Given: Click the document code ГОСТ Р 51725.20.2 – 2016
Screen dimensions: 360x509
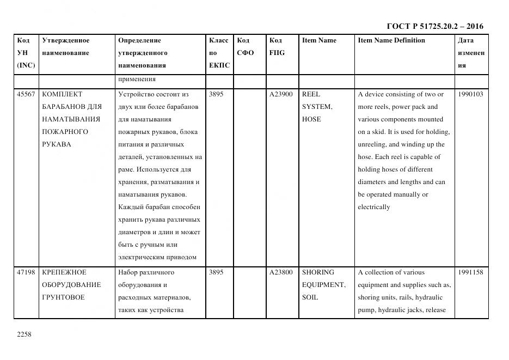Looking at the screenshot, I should (x=434, y=26).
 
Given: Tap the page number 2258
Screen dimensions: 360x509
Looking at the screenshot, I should (x=24, y=334).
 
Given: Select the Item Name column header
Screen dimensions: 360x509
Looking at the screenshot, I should (x=319, y=40).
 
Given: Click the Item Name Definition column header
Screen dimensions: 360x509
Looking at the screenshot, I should (x=391, y=40).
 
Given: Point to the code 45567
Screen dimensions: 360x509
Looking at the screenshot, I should (x=26, y=94).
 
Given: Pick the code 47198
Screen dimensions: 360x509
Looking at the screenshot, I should (x=26, y=272).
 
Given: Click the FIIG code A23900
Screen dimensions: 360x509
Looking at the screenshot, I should (x=281, y=94).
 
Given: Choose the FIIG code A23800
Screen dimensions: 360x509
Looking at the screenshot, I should (x=281, y=272).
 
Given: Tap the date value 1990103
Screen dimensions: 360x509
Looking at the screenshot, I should (x=470, y=94).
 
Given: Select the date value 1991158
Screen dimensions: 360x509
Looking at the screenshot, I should (x=470, y=272).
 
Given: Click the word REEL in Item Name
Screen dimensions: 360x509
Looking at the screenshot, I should (x=311, y=94).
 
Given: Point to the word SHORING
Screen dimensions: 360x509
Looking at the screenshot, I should (x=318, y=272).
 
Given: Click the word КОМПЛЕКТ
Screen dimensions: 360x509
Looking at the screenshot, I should (x=62, y=94).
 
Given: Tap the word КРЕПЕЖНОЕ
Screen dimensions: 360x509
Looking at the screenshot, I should (x=64, y=272).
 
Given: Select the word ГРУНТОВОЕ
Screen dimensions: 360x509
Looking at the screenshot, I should (x=63, y=297).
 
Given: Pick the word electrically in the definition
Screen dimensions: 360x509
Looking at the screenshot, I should (x=374, y=207).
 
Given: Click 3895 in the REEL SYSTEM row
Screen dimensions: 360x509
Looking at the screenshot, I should (x=216, y=94).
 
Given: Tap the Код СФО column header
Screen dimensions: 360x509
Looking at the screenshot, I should (x=246, y=47).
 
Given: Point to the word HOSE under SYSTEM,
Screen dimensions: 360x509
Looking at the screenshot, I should (x=311, y=119).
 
